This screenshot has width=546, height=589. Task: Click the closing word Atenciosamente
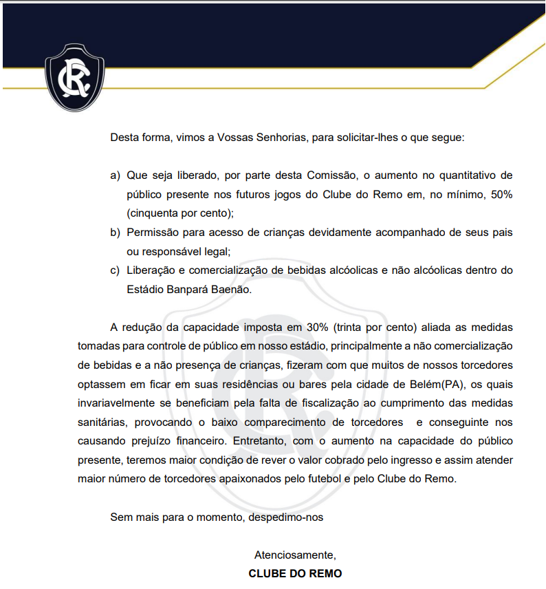click(x=294, y=555)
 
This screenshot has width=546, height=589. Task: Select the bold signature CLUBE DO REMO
click(x=295, y=573)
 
